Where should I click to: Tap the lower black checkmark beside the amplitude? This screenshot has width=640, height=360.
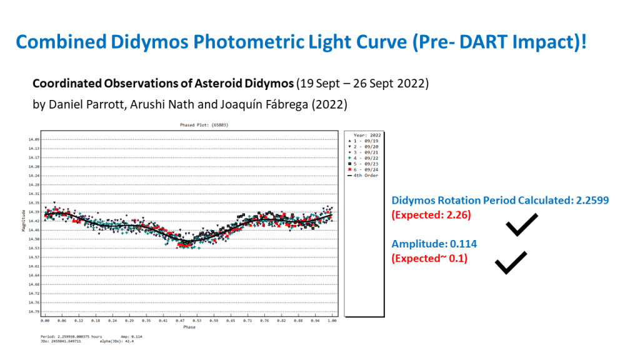(511, 262)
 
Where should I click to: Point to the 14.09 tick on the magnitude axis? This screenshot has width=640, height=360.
(34, 139)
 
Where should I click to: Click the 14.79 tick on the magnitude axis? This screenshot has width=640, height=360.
(34, 311)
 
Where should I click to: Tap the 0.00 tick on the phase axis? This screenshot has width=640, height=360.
(45, 321)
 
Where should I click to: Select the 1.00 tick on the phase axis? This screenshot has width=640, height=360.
(332, 321)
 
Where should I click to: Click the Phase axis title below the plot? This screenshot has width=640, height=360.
(189, 327)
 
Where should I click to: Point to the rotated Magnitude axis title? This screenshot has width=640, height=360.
(24, 222)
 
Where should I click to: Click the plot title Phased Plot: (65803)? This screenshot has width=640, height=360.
(189, 125)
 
